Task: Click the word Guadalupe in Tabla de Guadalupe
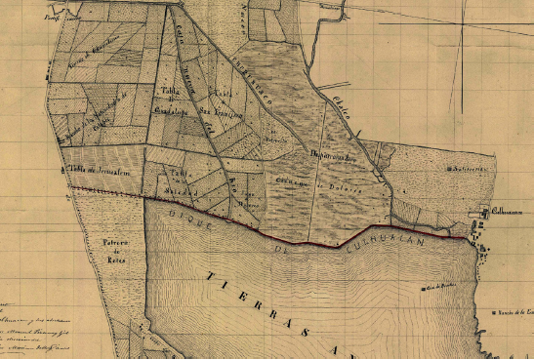171,111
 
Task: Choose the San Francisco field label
216,112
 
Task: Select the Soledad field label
177,184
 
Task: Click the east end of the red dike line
467,236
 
